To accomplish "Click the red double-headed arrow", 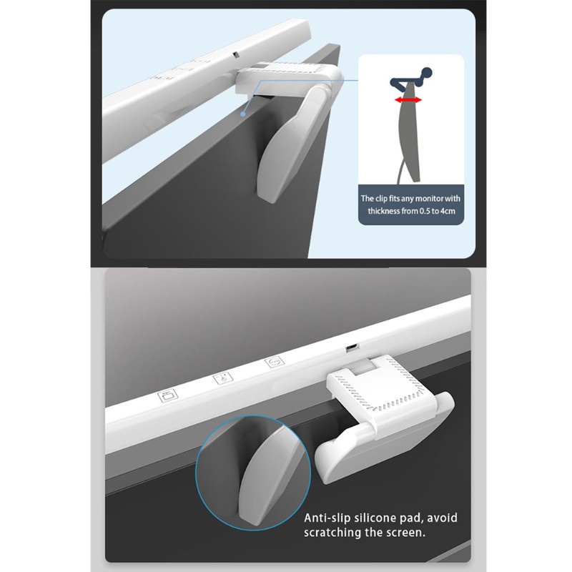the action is [408, 100].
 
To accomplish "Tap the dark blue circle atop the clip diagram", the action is [425, 74].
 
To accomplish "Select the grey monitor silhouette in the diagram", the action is [408, 132].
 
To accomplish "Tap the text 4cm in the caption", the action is [448, 211].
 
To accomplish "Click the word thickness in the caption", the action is [384, 211].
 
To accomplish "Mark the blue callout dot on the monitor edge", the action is [242, 114].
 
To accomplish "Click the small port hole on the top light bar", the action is [235, 55].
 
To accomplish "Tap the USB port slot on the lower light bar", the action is [351, 347].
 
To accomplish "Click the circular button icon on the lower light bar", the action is [275, 363].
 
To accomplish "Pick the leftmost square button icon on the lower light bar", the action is [167, 395].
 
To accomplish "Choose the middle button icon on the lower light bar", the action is [222, 378].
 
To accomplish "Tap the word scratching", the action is [332, 533].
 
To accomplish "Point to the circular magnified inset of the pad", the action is [254, 473].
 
